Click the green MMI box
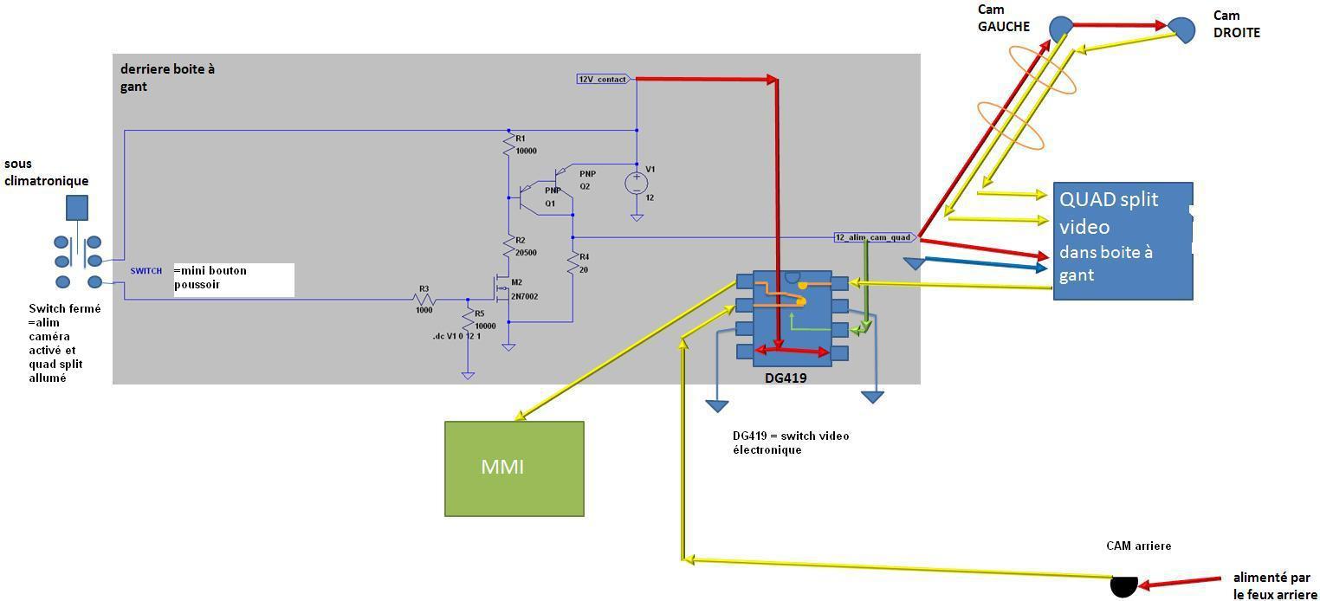coord(514,469)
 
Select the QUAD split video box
coord(1123,241)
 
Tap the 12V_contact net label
coord(603,79)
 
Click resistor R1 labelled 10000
coord(508,145)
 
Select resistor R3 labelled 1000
coord(424,299)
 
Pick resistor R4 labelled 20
coord(573,263)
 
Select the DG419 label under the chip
coord(786,378)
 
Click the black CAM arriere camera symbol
coord(1123,586)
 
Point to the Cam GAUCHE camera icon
coord(1061,29)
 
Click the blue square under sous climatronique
coord(77,208)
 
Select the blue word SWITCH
coord(146,271)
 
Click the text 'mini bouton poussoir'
coord(210,277)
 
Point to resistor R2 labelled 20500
coord(508,247)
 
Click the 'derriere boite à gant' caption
coord(167,77)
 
